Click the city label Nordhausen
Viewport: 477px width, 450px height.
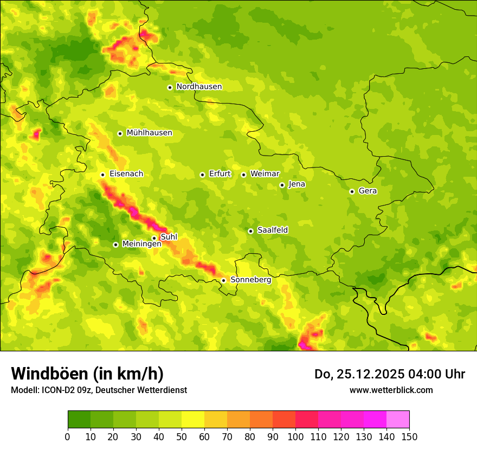click(x=199, y=87)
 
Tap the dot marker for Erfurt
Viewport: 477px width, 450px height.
click(x=202, y=175)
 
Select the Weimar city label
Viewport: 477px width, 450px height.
click(x=265, y=174)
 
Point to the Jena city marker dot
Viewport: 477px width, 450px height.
click(x=282, y=185)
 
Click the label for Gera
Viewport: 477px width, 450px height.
click(x=368, y=191)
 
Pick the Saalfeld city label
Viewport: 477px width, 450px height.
click(x=273, y=230)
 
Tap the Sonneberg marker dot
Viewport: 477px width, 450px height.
click(x=223, y=280)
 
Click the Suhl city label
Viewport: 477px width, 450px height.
click(x=169, y=237)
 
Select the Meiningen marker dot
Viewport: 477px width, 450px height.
click(x=115, y=245)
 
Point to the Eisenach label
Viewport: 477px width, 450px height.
click(x=126, y=174)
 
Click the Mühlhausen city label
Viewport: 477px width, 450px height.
click(x=149, y=133)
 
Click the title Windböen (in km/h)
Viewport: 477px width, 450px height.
click(x=87, y=374)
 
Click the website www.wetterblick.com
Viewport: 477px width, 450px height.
click(x=391, y=390)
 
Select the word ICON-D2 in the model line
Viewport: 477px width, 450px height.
click(x=57, y=390)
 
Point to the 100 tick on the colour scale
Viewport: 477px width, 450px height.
click(x=295, y=436)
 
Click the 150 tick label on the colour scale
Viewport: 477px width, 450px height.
click(x=409, y=436)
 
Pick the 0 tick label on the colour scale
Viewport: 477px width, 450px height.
click(x=68, y=436)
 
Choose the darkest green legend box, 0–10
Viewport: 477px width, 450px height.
click(x=79, y=419)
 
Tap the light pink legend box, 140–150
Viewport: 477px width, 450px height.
click(x=398, y=419)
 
